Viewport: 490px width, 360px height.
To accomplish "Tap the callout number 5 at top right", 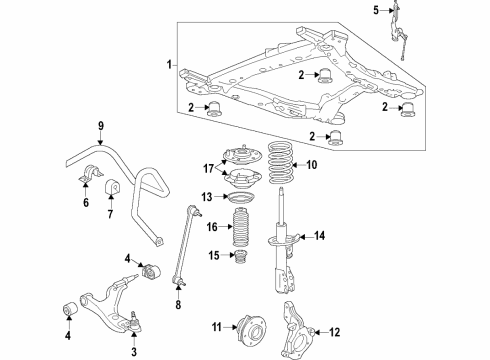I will tap(376, 11).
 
